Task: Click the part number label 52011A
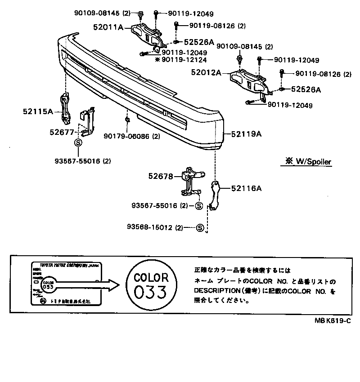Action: pos(108,27)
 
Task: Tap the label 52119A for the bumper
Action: pos(247,134)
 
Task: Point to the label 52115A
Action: pos(38,111)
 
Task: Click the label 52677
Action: pos(61,132)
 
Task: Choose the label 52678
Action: pos(161,177)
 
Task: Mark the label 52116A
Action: pos(247,189)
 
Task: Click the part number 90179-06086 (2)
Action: pos(131,136)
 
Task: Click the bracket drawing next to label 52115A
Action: pos(65,109)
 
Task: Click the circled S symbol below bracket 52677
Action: pos(77,143)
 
